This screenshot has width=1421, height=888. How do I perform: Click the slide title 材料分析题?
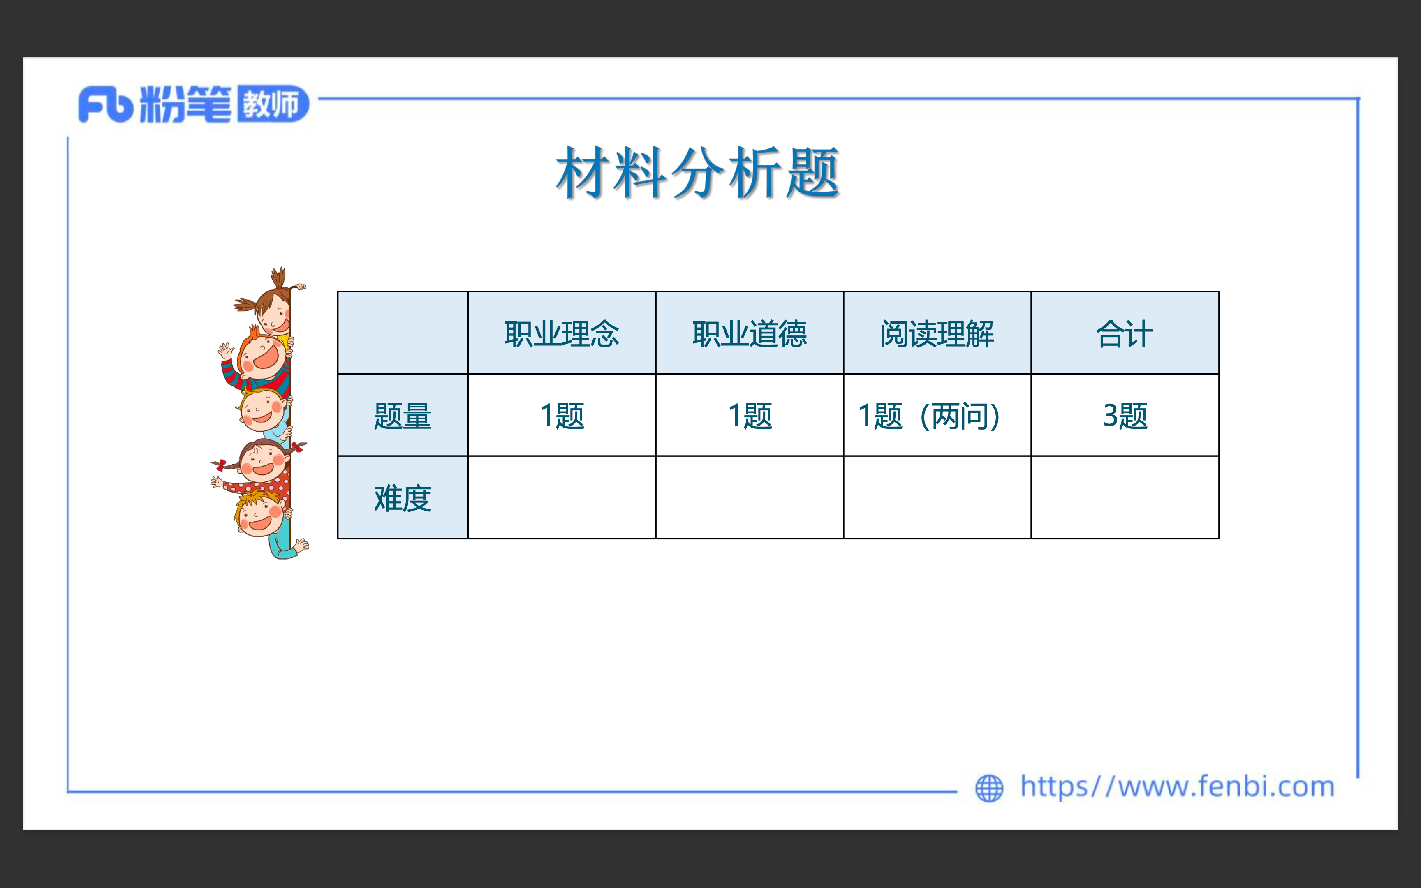[x=698, y=172]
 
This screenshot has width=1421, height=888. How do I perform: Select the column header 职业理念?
[x=562, y=333]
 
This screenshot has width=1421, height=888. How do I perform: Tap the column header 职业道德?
[x=750, y=333]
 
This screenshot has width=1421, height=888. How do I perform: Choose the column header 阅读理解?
[x=937, y=333]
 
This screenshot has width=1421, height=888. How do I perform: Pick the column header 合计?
[x=1125, y=333]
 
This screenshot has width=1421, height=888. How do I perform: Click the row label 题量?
[x=403, y=416]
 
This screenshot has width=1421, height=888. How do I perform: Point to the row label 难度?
[x=403, y=498]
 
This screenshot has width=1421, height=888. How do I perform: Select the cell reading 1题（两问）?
[x=930, y=416]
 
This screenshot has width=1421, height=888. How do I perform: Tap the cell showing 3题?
[x=1125, y=416]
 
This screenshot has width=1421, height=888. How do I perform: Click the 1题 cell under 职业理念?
[x=562, y=416]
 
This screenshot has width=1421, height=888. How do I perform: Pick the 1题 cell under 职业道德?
[x=750, y=416]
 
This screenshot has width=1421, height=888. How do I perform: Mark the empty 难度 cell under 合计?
[x=1125, y=497]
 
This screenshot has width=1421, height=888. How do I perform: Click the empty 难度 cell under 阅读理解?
[x=937, y=497]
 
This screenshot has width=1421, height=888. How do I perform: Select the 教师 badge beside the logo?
[x=273, y=104]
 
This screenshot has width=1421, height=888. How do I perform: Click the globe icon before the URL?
[x=989, y=788]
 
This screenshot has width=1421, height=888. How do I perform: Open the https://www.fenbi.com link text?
[x=1177, y=786]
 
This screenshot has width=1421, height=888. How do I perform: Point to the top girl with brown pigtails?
[x=269, y=303]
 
